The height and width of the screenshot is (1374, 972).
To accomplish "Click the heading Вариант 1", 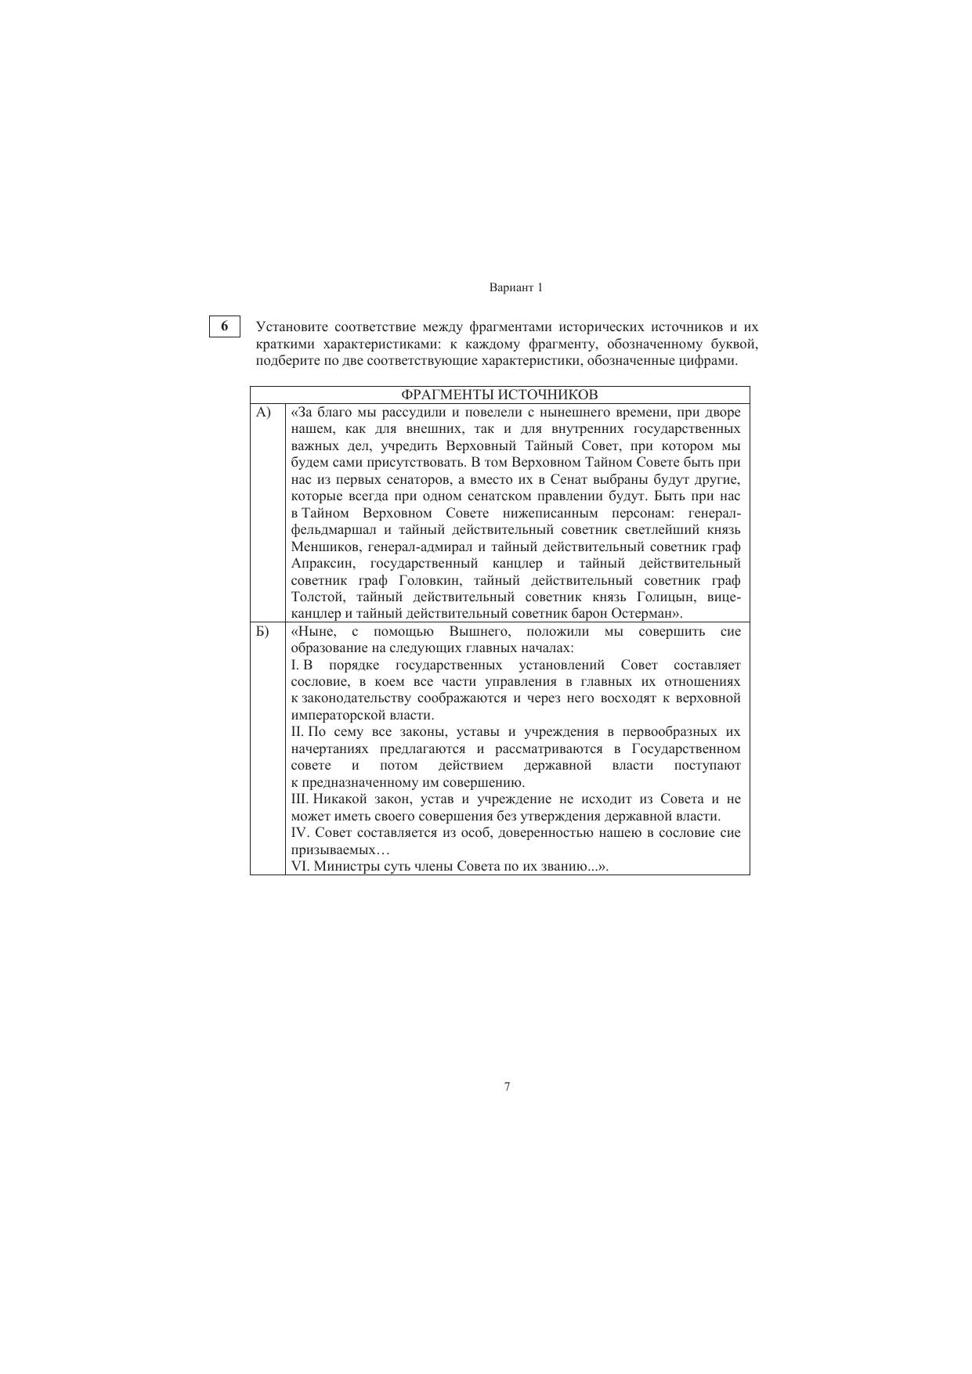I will coord(515,287).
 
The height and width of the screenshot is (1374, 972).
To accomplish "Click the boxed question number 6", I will coord(225,326).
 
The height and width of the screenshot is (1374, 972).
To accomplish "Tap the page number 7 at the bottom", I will coord(508,1086).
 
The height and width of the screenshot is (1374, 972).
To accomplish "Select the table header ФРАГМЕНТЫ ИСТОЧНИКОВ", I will coord(500,395).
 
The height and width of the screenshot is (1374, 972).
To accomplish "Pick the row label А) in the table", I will coord(263,412).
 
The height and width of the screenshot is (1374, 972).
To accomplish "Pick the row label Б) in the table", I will coord(263,631).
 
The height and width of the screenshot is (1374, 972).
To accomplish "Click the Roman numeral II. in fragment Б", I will coord(298,731).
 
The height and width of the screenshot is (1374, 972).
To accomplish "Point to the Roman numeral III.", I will coord(300,799).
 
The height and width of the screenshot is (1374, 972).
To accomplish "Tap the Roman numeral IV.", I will coord(300,832).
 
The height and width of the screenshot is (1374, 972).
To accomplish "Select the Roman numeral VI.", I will coord(300,867).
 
